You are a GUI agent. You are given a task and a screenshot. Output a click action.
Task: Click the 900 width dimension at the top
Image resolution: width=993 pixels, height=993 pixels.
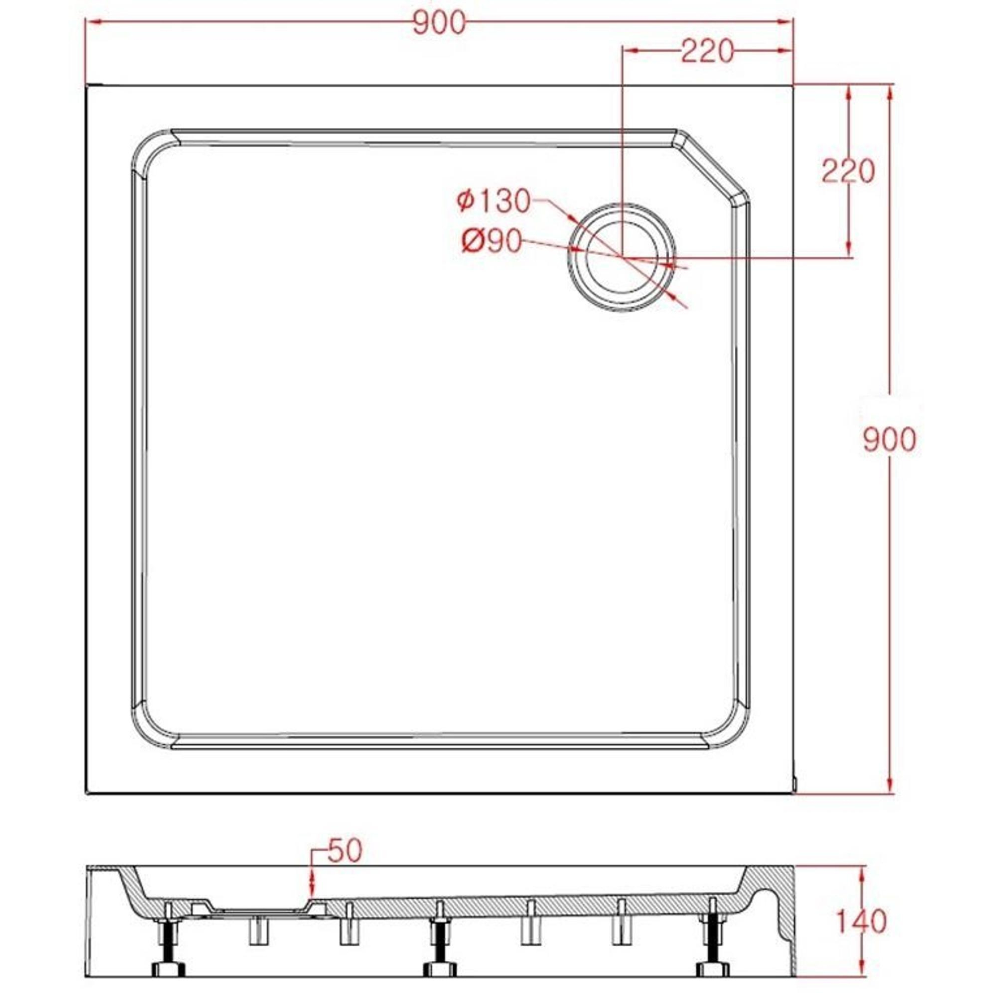click(x=439, y=23)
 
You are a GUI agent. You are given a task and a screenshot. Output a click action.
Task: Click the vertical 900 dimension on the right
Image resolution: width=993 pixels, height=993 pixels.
click(x=890, y=439)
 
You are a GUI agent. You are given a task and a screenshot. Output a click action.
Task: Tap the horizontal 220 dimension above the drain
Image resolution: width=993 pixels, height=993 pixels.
click(x=707, y=52)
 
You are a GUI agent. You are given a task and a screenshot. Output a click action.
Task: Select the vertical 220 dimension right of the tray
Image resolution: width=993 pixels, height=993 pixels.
click(x=848, y=171)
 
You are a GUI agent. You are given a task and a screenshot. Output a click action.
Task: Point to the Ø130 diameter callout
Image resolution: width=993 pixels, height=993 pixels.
click(x=494, y=201)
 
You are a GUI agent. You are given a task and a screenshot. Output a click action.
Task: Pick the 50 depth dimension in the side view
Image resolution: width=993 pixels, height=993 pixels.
click(x=345, y=851)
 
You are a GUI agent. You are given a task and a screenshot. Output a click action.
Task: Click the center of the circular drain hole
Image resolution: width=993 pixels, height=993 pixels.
click(x=622, y=257)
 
